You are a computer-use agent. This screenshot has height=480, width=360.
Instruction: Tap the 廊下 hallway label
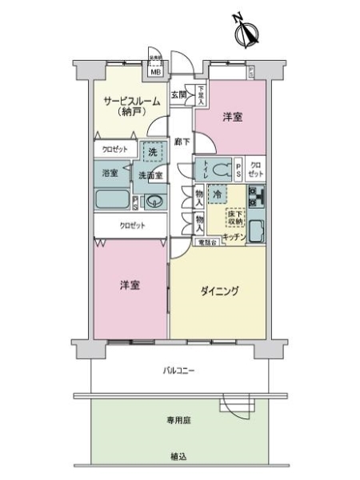point(182,142)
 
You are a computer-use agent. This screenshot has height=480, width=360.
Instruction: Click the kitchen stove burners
point(257,196)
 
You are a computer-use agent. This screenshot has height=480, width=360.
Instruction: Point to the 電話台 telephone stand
point(208,242)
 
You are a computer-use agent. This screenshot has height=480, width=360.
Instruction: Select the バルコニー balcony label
point(179,370)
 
